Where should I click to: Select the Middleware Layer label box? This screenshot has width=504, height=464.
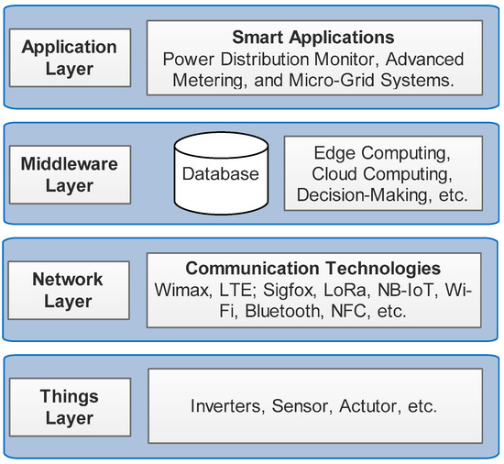point(70,174)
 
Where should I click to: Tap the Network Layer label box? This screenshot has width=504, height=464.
point(70,291)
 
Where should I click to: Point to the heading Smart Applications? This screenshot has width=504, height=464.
point(312,39)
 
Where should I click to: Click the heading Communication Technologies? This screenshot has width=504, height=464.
point(312,269)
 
